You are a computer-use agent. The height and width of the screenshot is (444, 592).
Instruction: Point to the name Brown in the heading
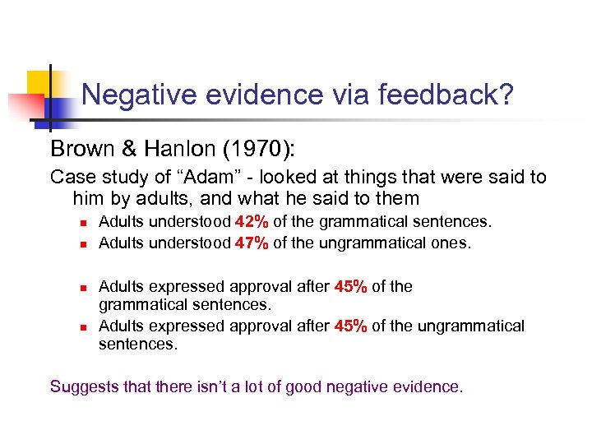click(x=77, y=149)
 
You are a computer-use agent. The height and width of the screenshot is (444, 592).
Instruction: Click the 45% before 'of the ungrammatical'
click(x=351, y=326)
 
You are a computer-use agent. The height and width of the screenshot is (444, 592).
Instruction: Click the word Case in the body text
click(x=69, y=177)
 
